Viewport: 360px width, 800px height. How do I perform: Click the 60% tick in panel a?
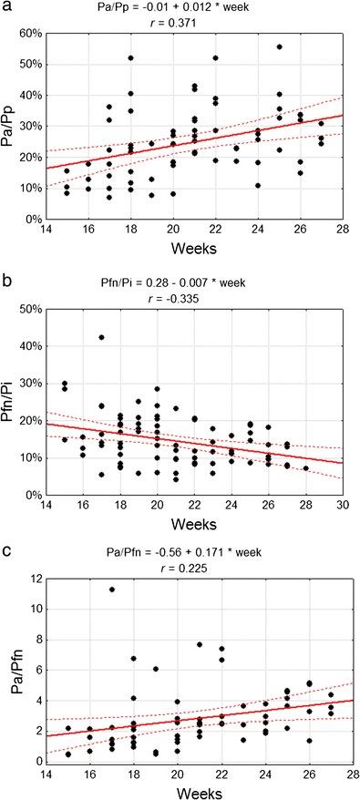[x=35, y=34]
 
